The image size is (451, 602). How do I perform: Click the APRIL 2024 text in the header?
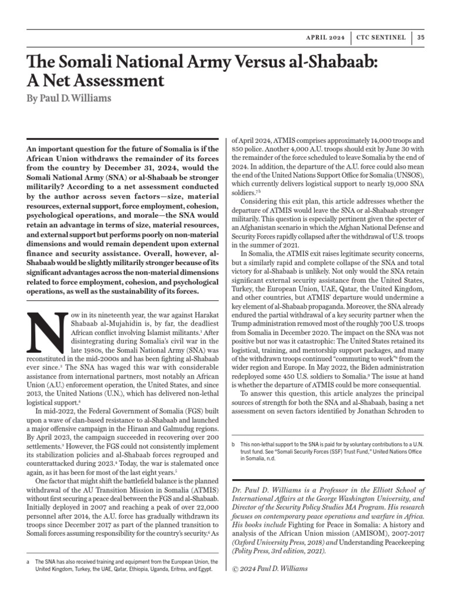tap(325, 38)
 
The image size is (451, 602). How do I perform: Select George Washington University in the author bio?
tap(338, 496)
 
